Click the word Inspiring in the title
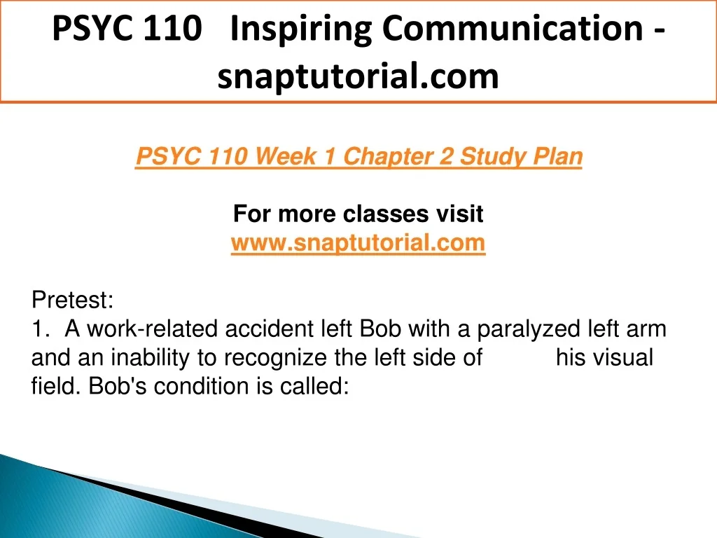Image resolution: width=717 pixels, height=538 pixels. (x=301, y=29)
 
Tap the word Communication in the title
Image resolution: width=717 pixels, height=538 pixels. (x=513, y=28)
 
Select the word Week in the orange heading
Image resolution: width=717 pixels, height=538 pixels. (x=286, y=156)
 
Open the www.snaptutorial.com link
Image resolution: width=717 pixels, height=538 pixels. (x=358, y=242)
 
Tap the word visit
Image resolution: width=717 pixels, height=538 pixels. (x=459, y=214)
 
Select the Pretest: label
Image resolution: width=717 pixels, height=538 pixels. (x=72, y=300)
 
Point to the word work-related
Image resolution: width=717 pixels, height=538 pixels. (x=152, y=329)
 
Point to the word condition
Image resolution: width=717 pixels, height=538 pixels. (x=202, y=387)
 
